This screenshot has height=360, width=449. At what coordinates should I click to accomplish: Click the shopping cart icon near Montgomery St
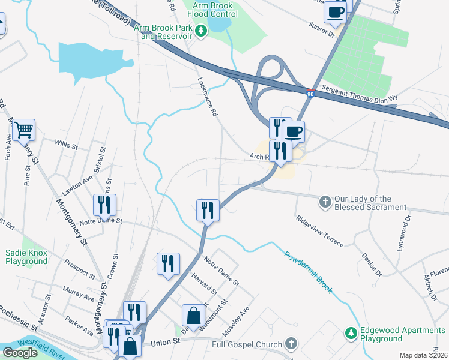(x=23, y=130)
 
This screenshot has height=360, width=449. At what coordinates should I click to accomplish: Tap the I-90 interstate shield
(x=310, y=94)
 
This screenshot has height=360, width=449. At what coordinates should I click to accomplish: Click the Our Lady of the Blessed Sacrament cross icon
(x=325, y=202)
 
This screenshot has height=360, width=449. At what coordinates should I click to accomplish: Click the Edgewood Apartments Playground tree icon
(x=351, y=332)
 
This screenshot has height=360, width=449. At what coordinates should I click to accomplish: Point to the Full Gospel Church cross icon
(x=291, y=344)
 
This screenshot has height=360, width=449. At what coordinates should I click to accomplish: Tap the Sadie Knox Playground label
(x=26, y=257)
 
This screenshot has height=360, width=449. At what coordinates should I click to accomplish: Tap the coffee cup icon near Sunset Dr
(x=335, y=11)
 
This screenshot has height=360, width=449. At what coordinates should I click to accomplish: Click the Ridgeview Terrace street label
(x=320, y=231)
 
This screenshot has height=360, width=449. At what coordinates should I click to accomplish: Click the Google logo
(x=20, y=353)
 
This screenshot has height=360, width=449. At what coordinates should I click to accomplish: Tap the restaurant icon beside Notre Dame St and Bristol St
(x=105, y=205)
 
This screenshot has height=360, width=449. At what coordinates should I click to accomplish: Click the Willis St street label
(x=67, y=145)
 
